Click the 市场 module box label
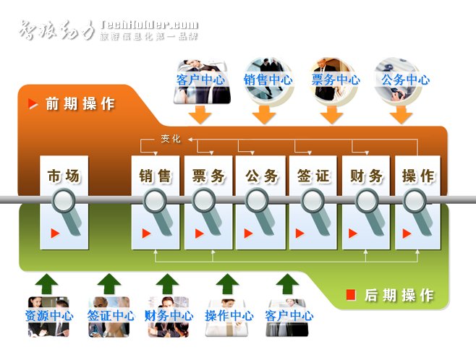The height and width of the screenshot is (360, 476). coord(64,176)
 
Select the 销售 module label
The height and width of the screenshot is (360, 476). coord(156,176)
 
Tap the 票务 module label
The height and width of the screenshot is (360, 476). coord(208,176)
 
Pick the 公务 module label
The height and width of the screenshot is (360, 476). coord(261,176)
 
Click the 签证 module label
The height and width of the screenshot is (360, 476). coord(313,176)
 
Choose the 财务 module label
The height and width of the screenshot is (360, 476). coord(366,176)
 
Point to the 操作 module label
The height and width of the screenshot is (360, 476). coord(418,176)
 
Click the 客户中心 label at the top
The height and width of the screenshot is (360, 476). coord(200,80)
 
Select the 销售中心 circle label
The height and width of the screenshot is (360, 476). coord(268,80)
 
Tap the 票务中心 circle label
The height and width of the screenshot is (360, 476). coord(335,80)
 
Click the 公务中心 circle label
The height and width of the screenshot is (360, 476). coord(405,80)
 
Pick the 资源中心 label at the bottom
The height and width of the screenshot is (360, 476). coord(48,316)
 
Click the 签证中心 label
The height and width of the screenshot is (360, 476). coord(111,316)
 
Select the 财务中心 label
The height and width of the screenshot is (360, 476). coord(169,316)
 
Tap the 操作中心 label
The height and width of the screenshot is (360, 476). coord(229,316)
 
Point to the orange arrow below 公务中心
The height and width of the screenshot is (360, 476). coord(400,114)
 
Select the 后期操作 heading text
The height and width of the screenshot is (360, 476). coord(399,295)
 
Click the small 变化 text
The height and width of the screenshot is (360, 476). coord(171,139)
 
